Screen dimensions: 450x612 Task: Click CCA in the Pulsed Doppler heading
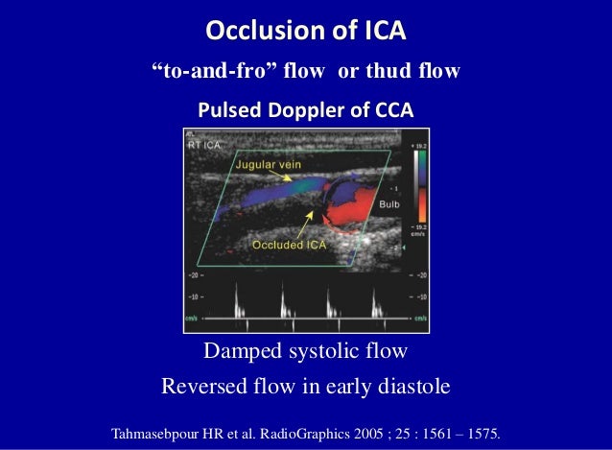click(x=392, y=111)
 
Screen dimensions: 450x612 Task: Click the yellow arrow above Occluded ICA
click(x=305, y=221)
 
